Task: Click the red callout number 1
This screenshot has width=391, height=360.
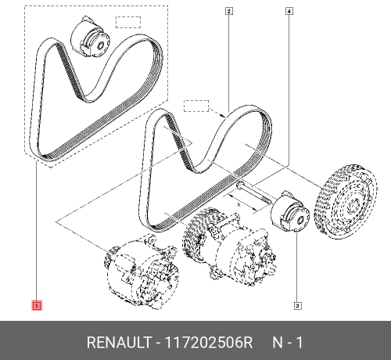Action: click(x=36, y=304)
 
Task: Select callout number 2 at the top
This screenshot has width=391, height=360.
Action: click(x=228, y=11)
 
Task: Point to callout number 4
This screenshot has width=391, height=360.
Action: click(x=289, y=11)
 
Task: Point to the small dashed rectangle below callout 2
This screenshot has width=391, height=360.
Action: click(x=197, y=105)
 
